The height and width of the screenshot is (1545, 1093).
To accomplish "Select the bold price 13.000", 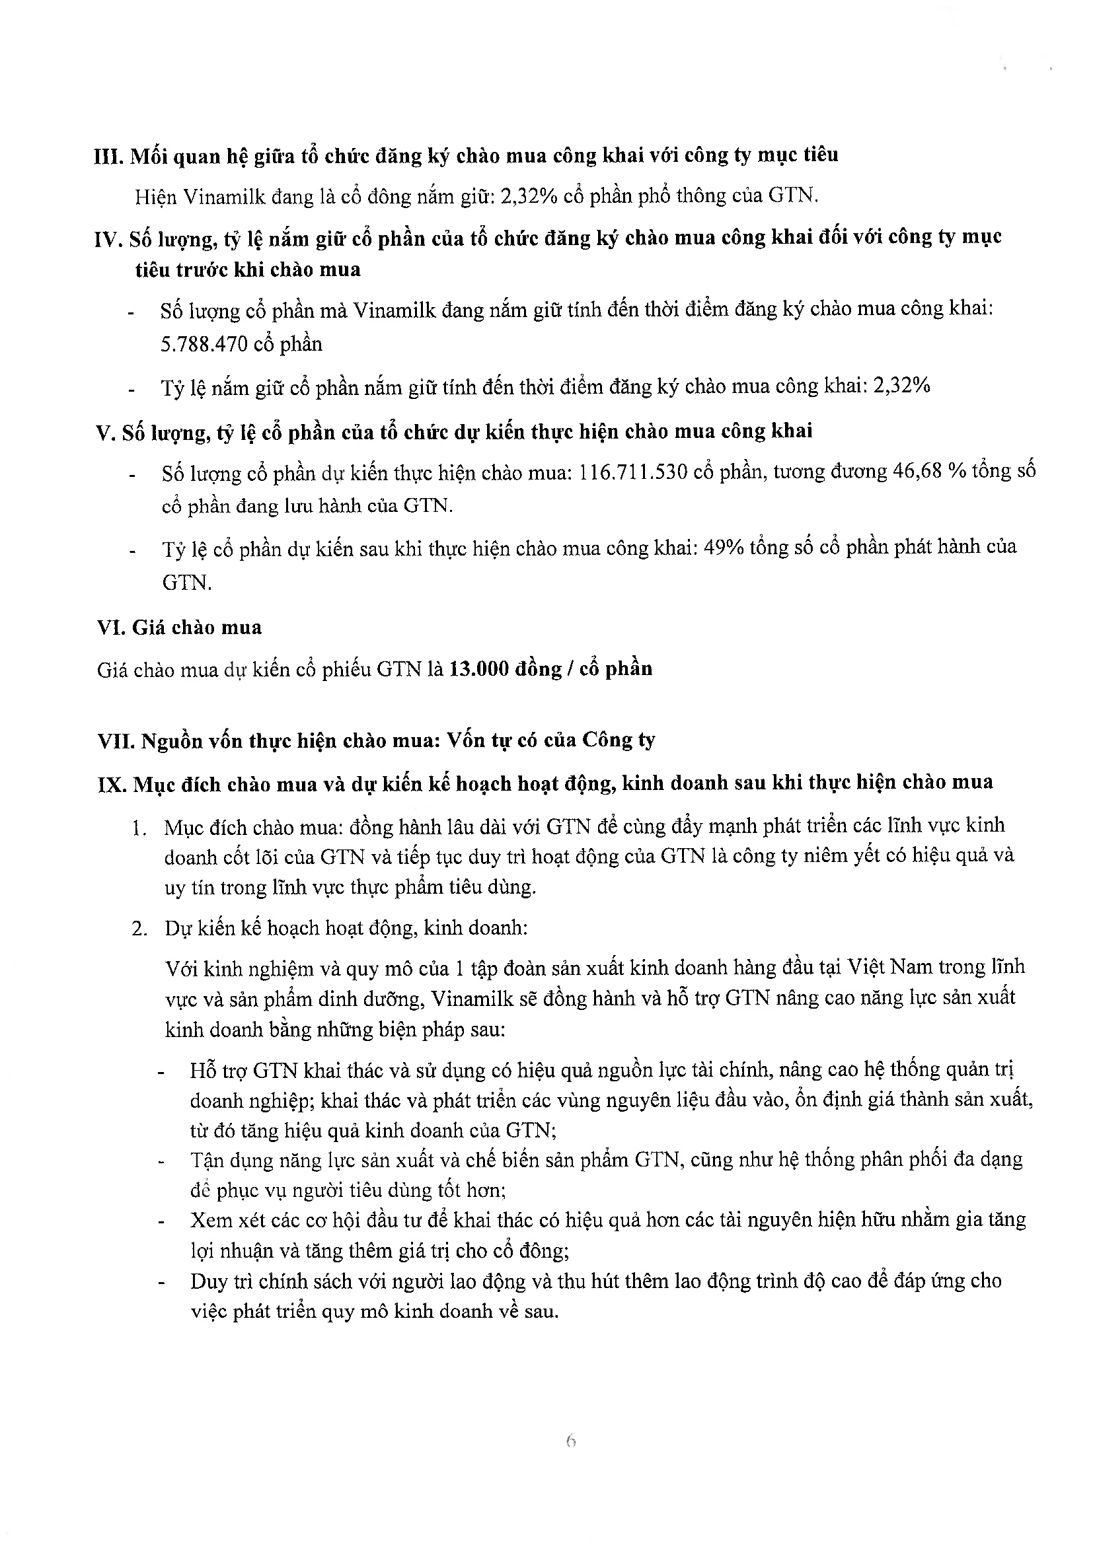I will pos(478,669).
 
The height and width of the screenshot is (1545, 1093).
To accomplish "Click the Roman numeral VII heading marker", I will pos(116,741).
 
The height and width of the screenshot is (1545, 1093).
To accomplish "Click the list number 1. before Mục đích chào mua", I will pos(139,828).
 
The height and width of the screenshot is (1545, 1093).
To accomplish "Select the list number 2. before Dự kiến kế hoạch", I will pos(139,929).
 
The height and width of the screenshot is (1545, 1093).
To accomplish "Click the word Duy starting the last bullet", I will pos(209,1281).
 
